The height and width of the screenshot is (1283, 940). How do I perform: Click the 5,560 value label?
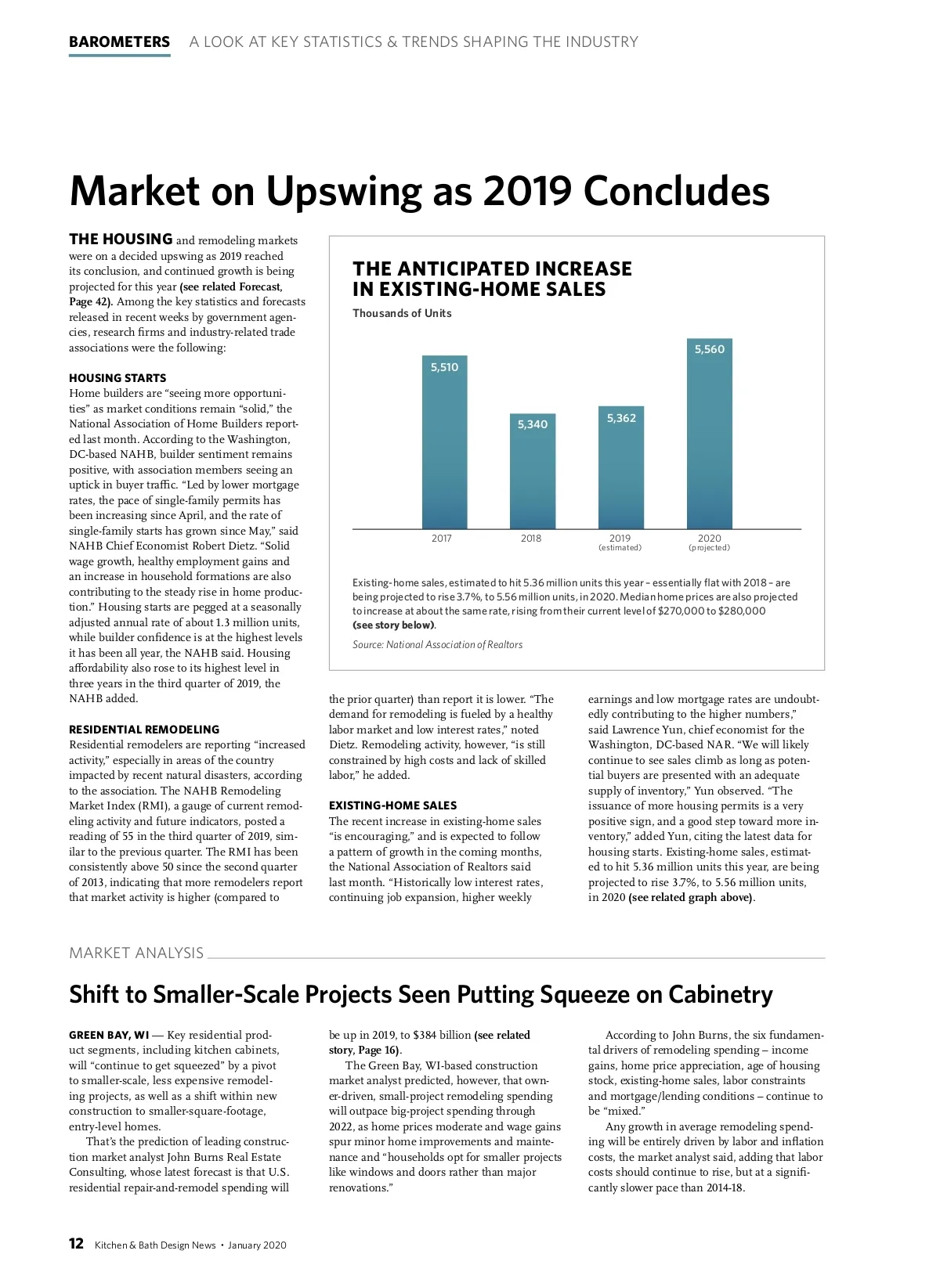click(710, 349)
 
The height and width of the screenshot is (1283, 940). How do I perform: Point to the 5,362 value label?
click(621, 418)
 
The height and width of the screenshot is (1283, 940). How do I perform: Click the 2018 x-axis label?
click(531, 539)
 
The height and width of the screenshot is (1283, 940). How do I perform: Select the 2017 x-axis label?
click(442, 539)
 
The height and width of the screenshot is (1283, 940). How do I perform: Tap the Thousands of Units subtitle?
click(402, 313)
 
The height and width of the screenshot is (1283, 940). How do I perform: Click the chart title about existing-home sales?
click(492, 279)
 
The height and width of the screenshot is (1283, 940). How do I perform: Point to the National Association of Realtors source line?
click(437, 645)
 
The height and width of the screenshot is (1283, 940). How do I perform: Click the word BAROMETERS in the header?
click(119, 42)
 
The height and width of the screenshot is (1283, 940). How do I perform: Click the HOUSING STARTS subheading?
click(117, 378)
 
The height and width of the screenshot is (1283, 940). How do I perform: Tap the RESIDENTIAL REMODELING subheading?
click(144, 730)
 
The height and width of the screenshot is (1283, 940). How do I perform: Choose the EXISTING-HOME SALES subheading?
click(392, 805)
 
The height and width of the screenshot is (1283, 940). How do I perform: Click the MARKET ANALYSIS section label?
click(136, 953)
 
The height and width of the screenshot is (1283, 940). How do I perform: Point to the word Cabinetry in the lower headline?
click(720, 994)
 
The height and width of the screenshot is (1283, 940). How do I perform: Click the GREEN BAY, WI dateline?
click(109, 1035)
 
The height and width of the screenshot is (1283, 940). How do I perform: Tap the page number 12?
click(77, 1244)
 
